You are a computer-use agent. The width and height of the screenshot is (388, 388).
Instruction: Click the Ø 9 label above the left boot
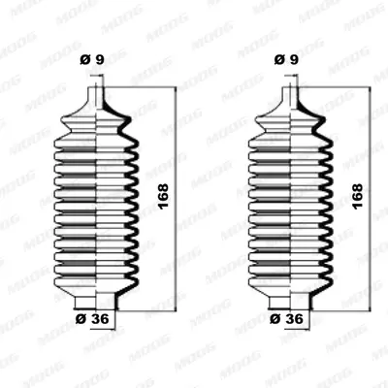(92, 60)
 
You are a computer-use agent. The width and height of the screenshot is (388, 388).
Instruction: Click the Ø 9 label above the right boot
(286, 60)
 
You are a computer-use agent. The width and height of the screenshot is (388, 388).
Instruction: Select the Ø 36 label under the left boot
(92, 319)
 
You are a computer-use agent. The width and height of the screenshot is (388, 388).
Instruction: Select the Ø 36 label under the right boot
(286, 319)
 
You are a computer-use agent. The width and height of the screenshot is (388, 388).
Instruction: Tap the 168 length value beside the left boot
(163, 196)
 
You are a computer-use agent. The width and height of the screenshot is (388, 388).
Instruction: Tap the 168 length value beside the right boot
(357, 196)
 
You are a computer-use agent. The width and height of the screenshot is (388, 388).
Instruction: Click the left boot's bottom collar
(97, 303)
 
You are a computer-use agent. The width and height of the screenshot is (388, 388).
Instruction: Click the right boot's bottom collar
(291, 303)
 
